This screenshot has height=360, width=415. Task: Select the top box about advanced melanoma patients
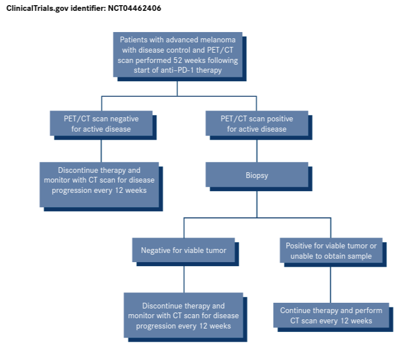pyautogui.click(x=177, y=55)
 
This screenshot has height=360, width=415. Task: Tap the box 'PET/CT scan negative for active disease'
pyautogui.click(x=101, y=124)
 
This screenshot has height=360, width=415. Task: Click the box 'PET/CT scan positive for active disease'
pyautogui.click(x=256, y=124)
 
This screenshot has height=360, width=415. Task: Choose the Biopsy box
pyautogui.click(x=256, y=176)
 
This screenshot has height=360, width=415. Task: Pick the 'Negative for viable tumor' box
pyautogui.click(x=184, y=250)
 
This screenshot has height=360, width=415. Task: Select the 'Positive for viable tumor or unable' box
pyautogui.click(x=331, y=251)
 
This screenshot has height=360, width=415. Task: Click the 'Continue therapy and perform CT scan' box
pyautogui.click(x=331, y=315)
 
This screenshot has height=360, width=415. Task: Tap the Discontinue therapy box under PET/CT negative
pyautogui.click(x=99, y=180)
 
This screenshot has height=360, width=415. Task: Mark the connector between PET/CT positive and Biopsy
pyautogui.click(x=256, y=149)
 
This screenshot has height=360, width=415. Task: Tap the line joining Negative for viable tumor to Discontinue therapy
pyautogui.click(x=184, y=278)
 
